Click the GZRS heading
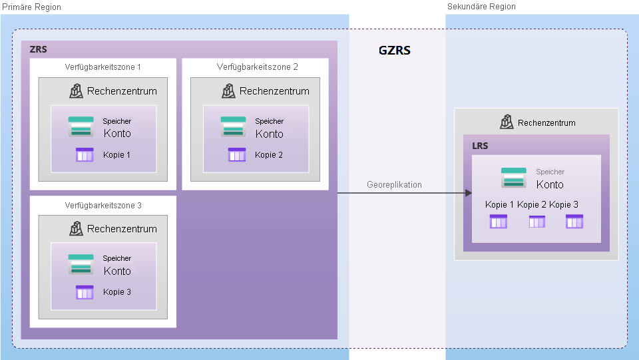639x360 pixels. click(394, 50)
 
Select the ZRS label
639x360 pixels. click(39, 49)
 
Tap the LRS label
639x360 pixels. click(481, 144)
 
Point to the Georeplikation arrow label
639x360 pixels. click(394, 185)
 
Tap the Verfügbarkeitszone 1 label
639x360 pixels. click(103, 67)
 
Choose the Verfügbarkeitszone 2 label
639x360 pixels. click(257, 67)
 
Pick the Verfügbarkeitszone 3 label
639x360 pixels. click(103, 206)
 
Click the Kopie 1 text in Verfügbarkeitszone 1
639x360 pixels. click(117, 155)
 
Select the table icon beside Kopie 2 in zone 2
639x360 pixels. click(237, 155)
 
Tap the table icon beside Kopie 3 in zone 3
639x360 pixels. click(85, 292)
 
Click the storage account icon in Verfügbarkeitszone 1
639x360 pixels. click(81, 127)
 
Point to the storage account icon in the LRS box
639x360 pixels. click(514, 178)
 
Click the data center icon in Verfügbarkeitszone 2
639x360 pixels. click(229, 90)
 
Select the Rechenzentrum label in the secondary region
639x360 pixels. click(546, 122)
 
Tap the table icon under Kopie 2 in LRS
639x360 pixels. click(536, 222)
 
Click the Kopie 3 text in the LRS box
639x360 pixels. click(564, 205)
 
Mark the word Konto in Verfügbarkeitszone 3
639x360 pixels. click(117, 271)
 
